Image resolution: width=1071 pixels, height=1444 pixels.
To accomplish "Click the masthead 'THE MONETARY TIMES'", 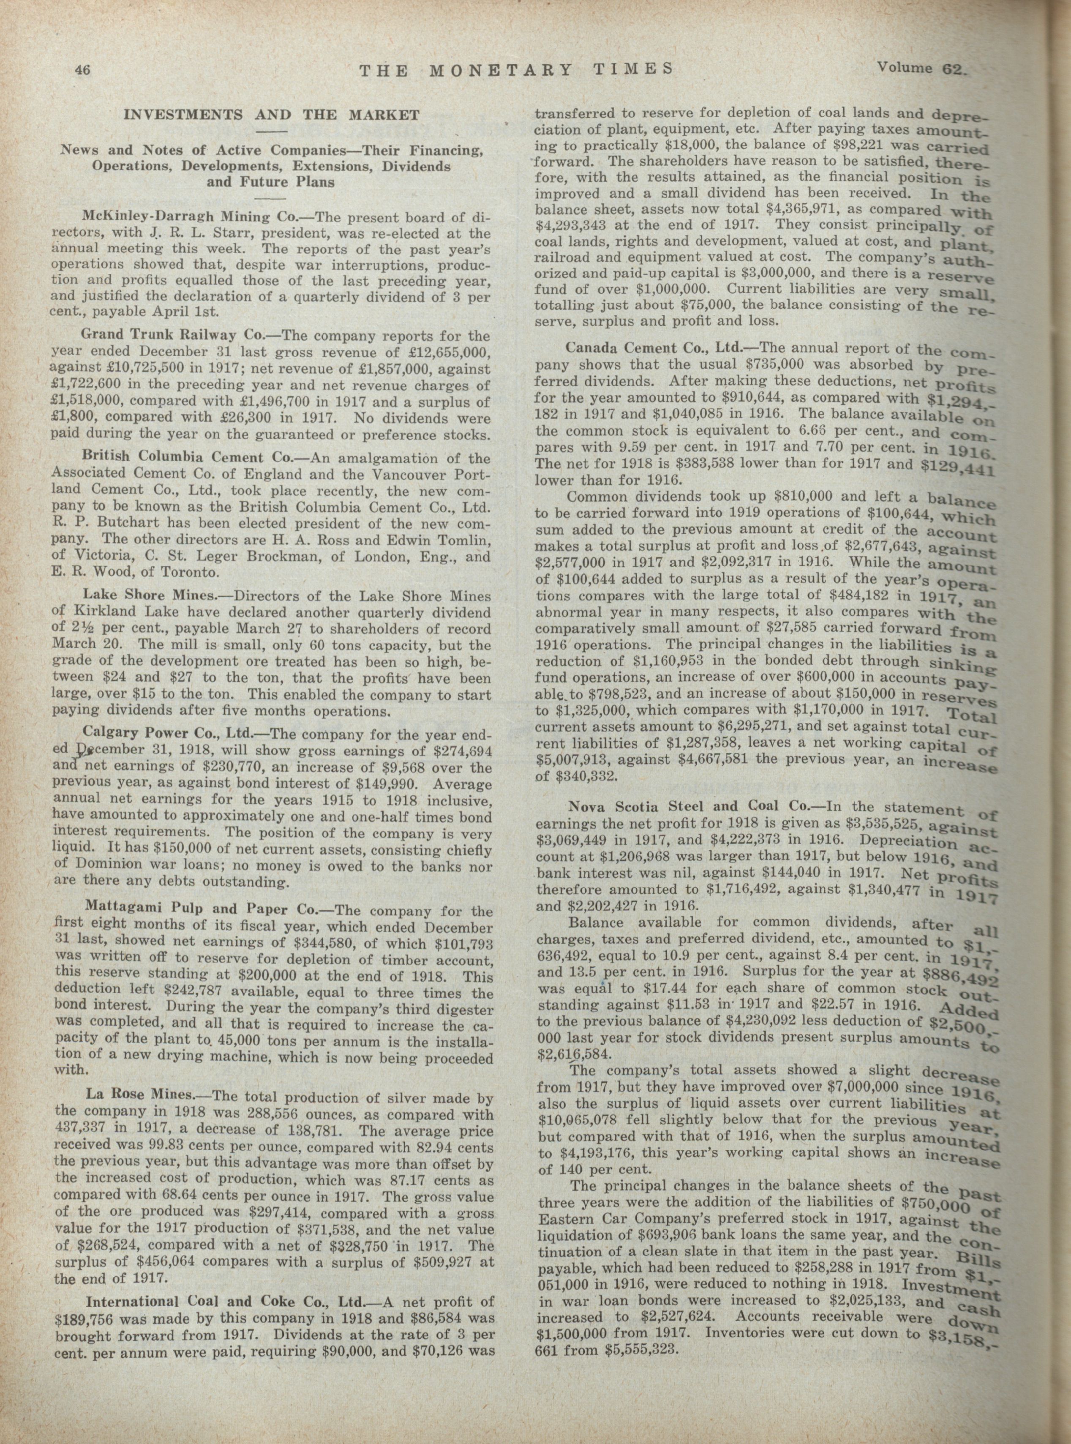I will [x=515, y=69].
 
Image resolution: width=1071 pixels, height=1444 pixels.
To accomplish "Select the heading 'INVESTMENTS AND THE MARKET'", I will [x=272, y=116].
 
